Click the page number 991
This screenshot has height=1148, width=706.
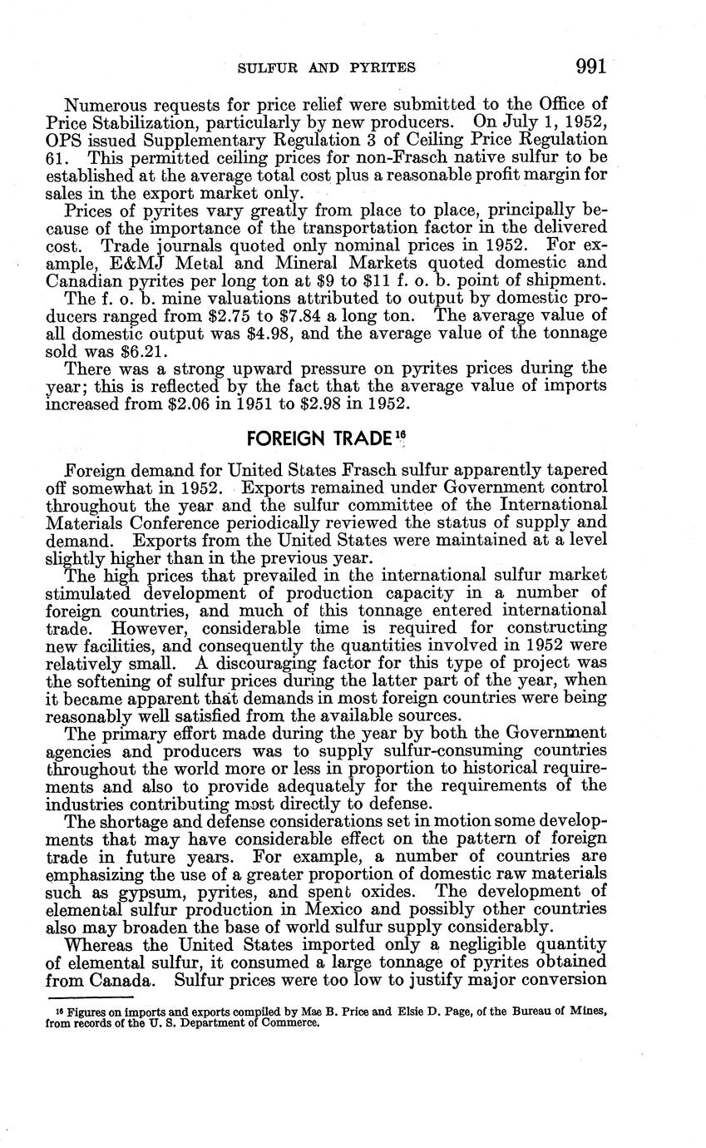point(590,67)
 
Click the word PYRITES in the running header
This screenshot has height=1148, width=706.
point(378,68)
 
